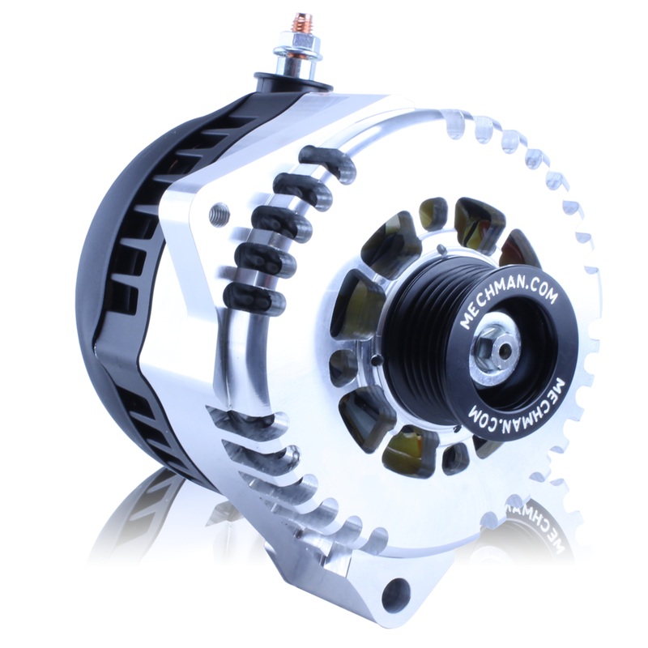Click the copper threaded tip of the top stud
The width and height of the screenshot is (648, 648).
tap(306, 24)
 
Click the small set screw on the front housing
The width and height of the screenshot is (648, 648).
tap(215, 215)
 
